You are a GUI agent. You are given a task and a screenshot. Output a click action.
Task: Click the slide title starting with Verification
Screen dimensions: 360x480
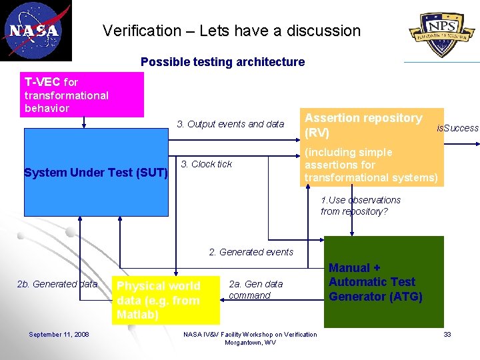(x=231, y=31)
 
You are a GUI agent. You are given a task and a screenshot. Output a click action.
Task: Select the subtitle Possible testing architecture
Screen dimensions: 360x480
(x=222, y=62)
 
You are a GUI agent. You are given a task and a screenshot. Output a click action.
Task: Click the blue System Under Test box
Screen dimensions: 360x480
(x=96, y=173)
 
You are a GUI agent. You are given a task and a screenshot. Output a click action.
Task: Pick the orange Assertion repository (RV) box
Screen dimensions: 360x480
(x=371, y=147)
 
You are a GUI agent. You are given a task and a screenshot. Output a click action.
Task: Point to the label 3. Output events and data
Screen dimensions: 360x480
(x=230, y=124)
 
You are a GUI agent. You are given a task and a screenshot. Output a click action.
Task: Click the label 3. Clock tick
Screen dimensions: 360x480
(x=207, y=164)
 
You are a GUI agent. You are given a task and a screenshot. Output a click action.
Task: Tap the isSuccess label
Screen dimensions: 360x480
(x=457, y=128)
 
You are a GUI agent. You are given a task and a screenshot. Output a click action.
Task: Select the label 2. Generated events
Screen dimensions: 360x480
(x=251, y=252)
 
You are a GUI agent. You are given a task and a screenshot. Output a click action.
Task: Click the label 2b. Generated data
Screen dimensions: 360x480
(x=57, y=284)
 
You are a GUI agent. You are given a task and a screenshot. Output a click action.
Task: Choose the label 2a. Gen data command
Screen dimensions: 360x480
(x=255, y=290)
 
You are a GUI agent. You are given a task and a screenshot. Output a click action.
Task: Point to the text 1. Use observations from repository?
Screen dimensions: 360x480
(x=361, y=205)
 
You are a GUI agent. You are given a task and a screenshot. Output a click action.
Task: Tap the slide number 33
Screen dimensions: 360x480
(x=447, y=334)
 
